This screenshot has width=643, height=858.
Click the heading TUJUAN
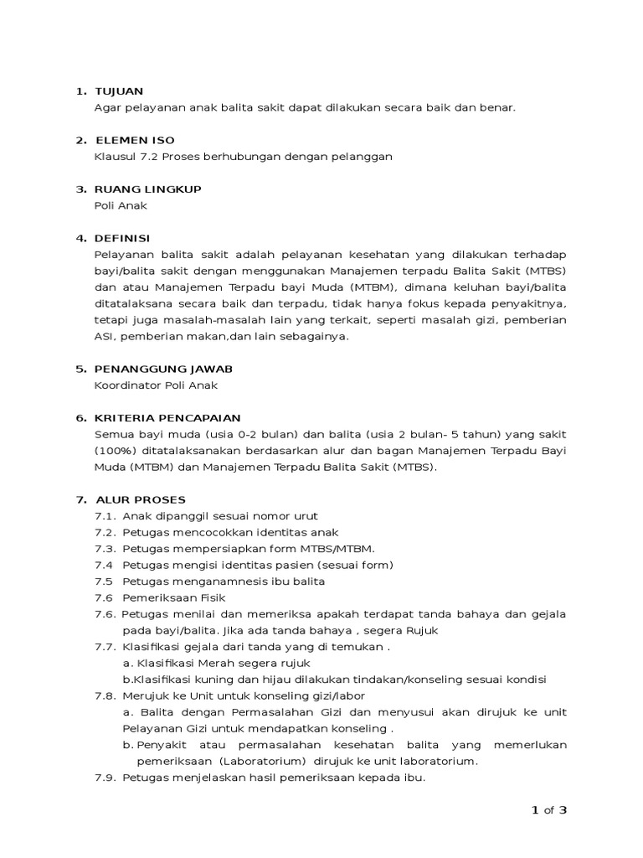tap(121, 91)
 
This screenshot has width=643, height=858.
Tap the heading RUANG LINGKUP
tap(148, 189)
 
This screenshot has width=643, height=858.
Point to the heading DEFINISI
tap(123, 238)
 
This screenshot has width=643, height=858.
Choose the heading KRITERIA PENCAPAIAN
tap(168, 417)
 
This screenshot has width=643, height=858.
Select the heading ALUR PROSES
tap(141, 499)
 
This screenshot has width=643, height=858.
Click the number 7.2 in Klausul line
tap(147, 157)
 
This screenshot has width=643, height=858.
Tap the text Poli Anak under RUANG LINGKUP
tap(121, 205)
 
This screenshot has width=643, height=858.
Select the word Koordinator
tap(130, 385)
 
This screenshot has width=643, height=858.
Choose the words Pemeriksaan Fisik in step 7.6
tap(174, 598)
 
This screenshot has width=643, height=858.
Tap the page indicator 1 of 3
tap(549, 810)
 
